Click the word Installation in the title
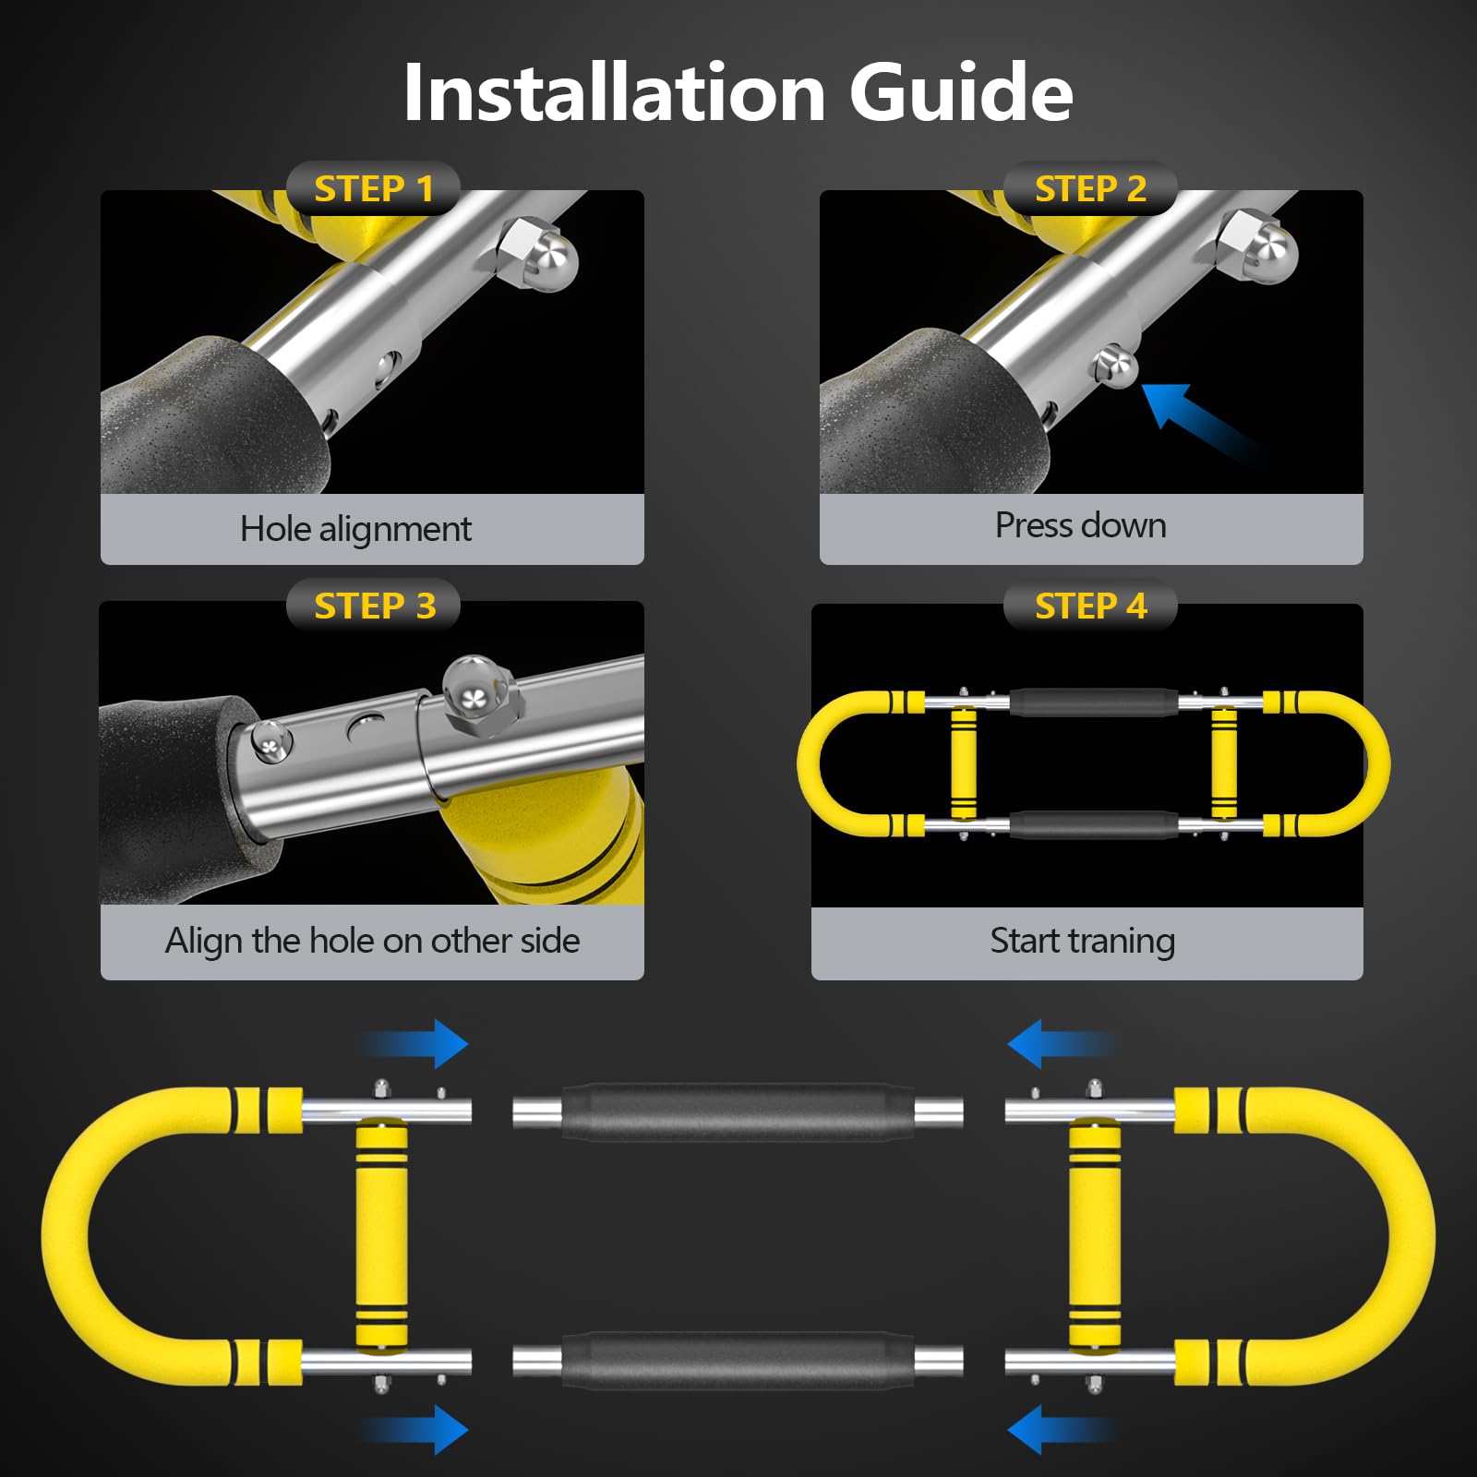pos(615,92)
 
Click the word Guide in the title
pos(961,92)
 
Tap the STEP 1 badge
pos(374,188)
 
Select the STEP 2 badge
pos(1090,188)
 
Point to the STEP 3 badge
pos(374,606)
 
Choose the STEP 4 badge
pos(1090,606)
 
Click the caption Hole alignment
pos(355,529)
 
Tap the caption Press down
pos(1081,525)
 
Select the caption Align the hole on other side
pos(372,941)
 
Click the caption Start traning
pos(1083,941)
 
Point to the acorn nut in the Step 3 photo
pos(480,694)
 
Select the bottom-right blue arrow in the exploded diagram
pos(1063,1430)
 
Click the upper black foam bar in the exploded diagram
pos(738,1111)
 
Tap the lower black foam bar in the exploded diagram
pos(738,1360)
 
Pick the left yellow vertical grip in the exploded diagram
pos(381,1235)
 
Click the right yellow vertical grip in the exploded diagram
pos(1095,1235)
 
